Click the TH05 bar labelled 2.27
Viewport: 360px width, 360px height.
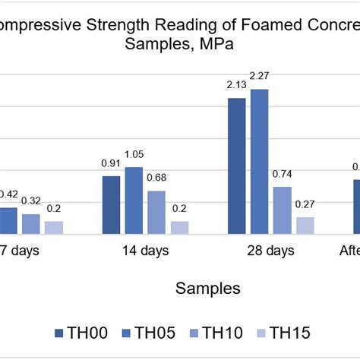260,162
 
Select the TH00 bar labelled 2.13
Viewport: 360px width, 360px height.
236,166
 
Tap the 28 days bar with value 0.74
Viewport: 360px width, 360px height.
282,210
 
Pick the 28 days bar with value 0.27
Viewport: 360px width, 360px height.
305,226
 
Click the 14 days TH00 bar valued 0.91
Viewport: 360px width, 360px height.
111,205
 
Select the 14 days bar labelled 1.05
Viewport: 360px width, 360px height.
134,201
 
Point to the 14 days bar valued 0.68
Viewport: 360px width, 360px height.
156,212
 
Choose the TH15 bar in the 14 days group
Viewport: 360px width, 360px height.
179,227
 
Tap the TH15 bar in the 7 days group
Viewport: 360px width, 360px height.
53,227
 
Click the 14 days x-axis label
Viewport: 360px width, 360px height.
144,251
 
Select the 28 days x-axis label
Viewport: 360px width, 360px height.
270,251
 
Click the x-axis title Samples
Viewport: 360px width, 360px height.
208,288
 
